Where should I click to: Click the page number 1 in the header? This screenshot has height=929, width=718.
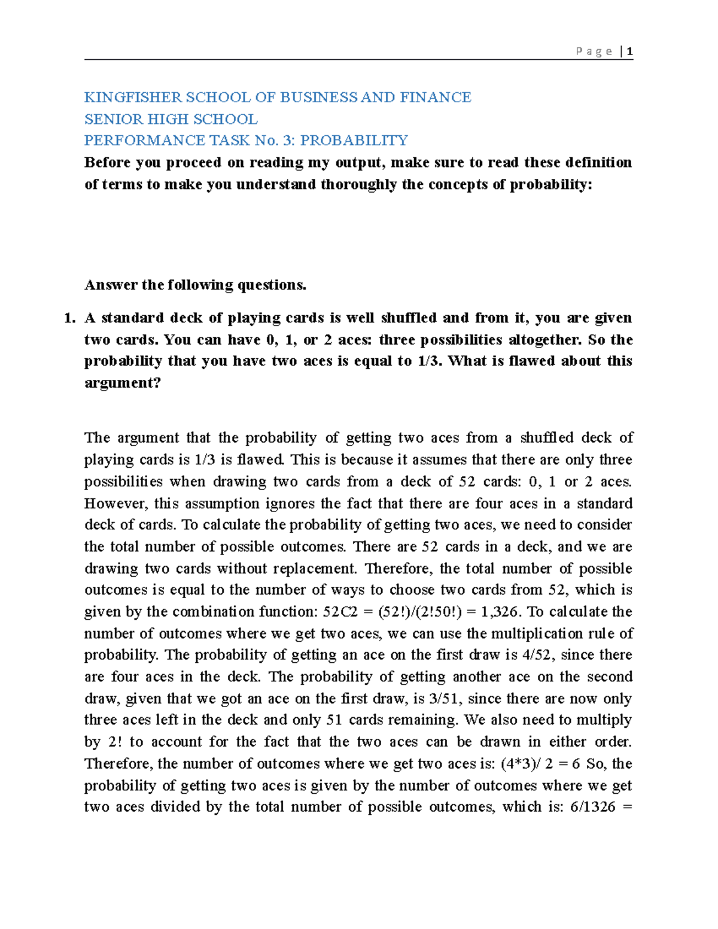click(x=630, y=51)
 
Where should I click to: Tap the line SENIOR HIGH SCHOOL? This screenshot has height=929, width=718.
click(x=171, y=119)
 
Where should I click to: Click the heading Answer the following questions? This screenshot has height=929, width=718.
click(x=195, y=285)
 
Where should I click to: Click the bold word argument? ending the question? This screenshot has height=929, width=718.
click(x=123, y=383)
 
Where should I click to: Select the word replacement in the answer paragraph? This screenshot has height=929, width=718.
click(x=314, y=568)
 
